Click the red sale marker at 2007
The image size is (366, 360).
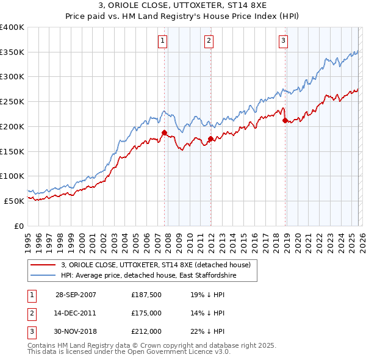(x=164, y=132)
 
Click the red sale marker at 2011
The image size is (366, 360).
(x=210, y=139)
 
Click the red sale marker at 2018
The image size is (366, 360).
(x=285, y=120)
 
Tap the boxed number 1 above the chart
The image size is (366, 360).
(x=163, y=41)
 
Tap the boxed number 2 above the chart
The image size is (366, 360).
(x=209, y=41)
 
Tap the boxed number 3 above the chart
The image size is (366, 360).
(x=284, y=41)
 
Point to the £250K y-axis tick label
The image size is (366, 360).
(x=12, y=102)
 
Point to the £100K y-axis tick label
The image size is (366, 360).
(x=12, y=176)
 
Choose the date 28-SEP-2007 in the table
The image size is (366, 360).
(x=76, y=295)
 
